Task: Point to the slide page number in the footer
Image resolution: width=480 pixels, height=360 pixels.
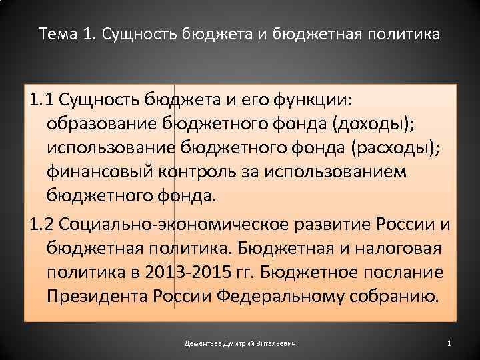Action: pos(449,343)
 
